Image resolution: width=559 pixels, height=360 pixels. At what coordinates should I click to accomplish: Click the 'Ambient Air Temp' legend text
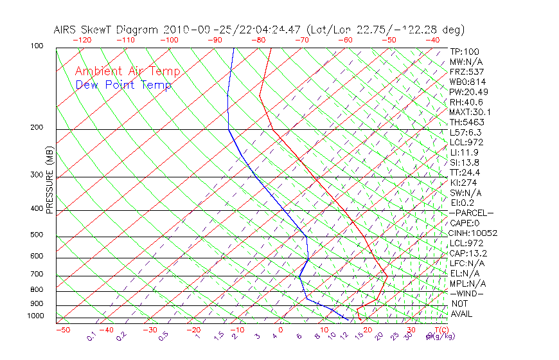(127, 71)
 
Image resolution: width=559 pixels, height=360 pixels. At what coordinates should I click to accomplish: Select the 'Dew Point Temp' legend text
(123, 85)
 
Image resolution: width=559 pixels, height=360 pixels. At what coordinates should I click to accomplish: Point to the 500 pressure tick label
(37, 235)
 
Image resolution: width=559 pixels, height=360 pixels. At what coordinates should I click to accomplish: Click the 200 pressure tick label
(37, 127)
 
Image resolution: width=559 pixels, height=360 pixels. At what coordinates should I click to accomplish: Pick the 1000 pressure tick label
(35, 316)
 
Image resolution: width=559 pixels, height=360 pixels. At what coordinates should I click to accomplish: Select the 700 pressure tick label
(37, 275)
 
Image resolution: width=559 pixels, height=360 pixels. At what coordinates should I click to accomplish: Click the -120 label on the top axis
(82, 39)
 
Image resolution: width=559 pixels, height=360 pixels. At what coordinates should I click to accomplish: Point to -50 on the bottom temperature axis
(62, 330)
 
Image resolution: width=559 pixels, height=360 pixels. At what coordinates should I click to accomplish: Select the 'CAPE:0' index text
(465, 222)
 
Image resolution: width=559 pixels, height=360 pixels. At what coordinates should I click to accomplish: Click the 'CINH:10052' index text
(473, 233)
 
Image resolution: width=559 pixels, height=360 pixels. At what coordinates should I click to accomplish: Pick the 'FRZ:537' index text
(466, 71)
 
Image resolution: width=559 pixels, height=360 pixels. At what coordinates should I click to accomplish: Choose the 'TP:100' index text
(464, 51)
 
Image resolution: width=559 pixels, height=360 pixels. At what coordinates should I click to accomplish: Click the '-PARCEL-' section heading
(471, 213)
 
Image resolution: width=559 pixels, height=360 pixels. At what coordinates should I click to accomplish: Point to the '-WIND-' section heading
(466, 293)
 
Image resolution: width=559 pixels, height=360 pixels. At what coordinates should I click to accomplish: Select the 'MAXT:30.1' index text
(469, 112)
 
